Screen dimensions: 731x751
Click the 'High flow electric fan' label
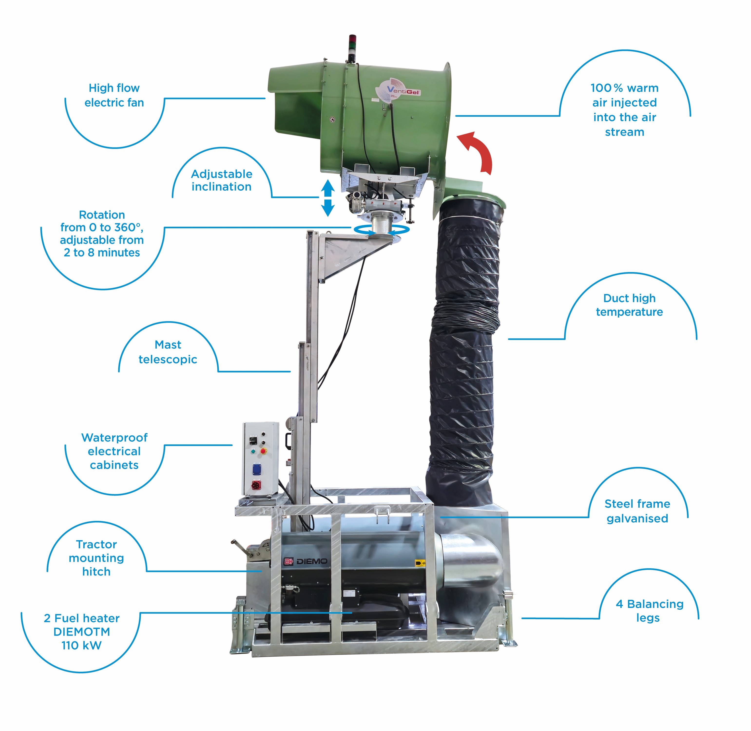[x=114, y=95]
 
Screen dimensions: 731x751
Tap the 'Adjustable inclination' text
[x=221, y=180]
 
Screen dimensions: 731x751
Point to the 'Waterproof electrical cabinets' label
[x=114, y=451]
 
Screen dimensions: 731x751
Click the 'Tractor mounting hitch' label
[x=96, y=558]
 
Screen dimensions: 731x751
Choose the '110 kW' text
[x=81, y=645]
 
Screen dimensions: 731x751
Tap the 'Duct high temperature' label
[x=629, y=305]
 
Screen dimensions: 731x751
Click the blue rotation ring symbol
[x=381, y=230]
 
